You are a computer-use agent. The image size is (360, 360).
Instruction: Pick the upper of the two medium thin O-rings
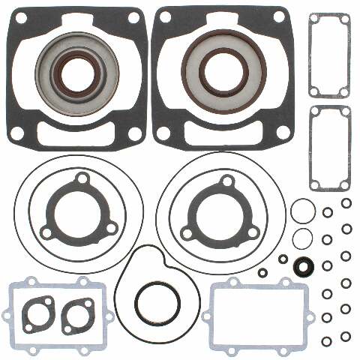[x=302, y=211]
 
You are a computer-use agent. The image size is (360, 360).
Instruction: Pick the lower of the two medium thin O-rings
[x=302, y=238]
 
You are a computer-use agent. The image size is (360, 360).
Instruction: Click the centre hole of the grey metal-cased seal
[x=75, y=74]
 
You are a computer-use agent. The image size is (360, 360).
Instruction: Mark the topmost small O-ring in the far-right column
[x=346, y=203]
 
